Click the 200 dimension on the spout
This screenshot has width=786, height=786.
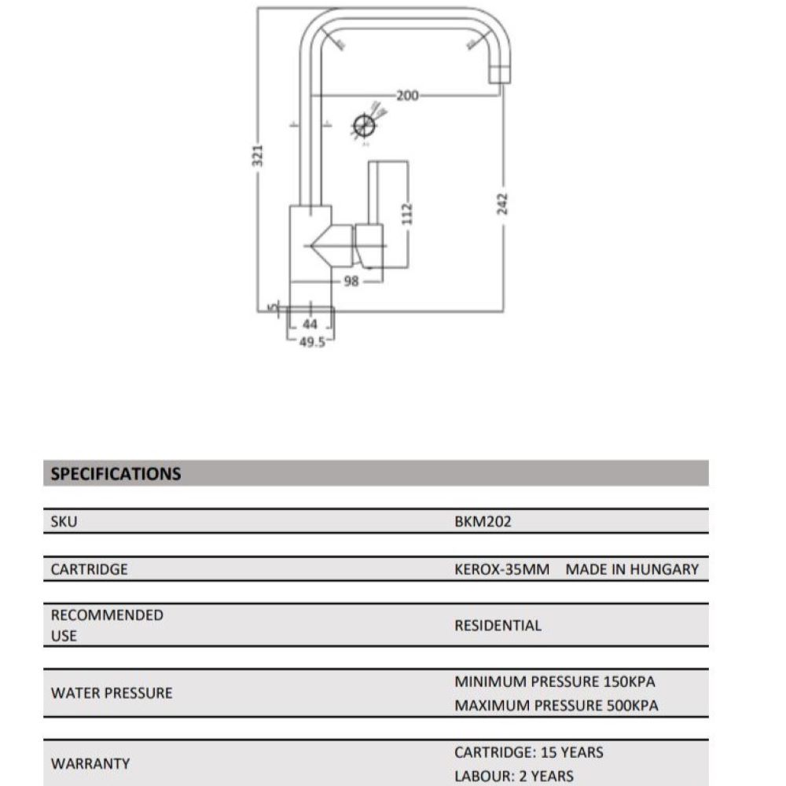[406, 96]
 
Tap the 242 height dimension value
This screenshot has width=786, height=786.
[504, 204]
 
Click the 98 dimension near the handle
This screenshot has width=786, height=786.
[351, 281]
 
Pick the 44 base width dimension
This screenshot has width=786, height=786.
[310, 324]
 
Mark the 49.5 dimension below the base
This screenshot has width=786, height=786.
[312, 342]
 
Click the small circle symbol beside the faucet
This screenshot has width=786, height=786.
[363, 126]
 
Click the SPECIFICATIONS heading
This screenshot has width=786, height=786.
[116, 474]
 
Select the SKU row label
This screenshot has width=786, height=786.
[64, 521]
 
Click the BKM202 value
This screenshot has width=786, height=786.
[483, 521]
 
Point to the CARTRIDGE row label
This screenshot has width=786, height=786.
[89, 569]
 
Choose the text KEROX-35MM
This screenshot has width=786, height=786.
[501, 569]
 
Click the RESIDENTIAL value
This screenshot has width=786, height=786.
[498, 626]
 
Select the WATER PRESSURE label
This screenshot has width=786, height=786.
[111, 693]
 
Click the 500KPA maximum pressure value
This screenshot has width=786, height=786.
[632, 706]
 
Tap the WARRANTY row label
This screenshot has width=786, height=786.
[90, 763]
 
